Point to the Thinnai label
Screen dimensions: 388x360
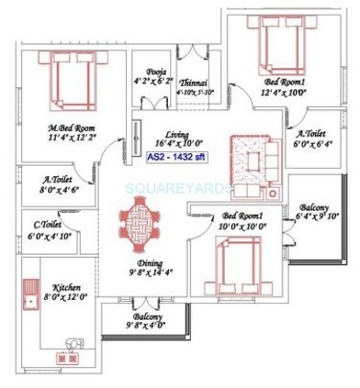(x=193, y=81)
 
